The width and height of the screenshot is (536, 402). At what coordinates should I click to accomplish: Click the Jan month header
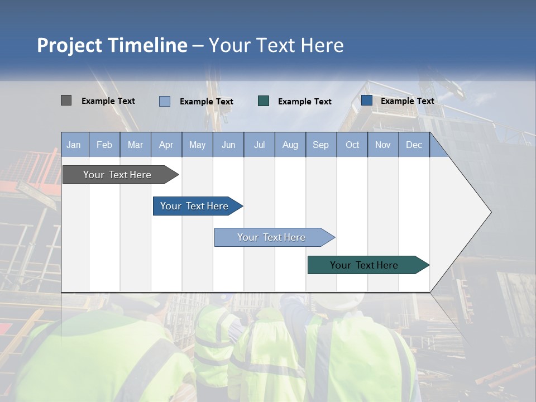tap(74, 145)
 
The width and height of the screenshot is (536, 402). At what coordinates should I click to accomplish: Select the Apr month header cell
tap(166, 145)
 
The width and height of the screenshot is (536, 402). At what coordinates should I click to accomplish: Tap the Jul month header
tap(259, 145)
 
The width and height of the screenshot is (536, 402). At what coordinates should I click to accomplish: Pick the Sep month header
tap(320, 145)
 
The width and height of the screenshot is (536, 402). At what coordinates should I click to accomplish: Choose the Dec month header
tap(414, 145)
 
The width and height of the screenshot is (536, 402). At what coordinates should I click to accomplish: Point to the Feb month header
tap(104, 145)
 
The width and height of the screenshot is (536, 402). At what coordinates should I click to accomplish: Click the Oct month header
tap(352, 145)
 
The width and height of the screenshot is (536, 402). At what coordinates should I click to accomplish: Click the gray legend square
tap(66, 100)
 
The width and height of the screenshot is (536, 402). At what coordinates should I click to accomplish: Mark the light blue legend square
tap(165, 101)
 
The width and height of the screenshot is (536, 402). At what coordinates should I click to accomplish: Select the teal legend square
tap(264, 100)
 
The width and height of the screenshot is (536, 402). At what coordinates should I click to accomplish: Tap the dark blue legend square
tap(367, 100)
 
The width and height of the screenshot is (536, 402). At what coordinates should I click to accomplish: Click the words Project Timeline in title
tap(112, 45)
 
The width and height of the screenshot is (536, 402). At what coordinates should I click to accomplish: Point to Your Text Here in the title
tap(276, 45)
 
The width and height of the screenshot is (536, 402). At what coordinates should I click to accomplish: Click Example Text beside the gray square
tap(108, 101)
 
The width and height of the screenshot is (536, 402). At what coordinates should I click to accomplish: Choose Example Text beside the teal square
tap(305, 102)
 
